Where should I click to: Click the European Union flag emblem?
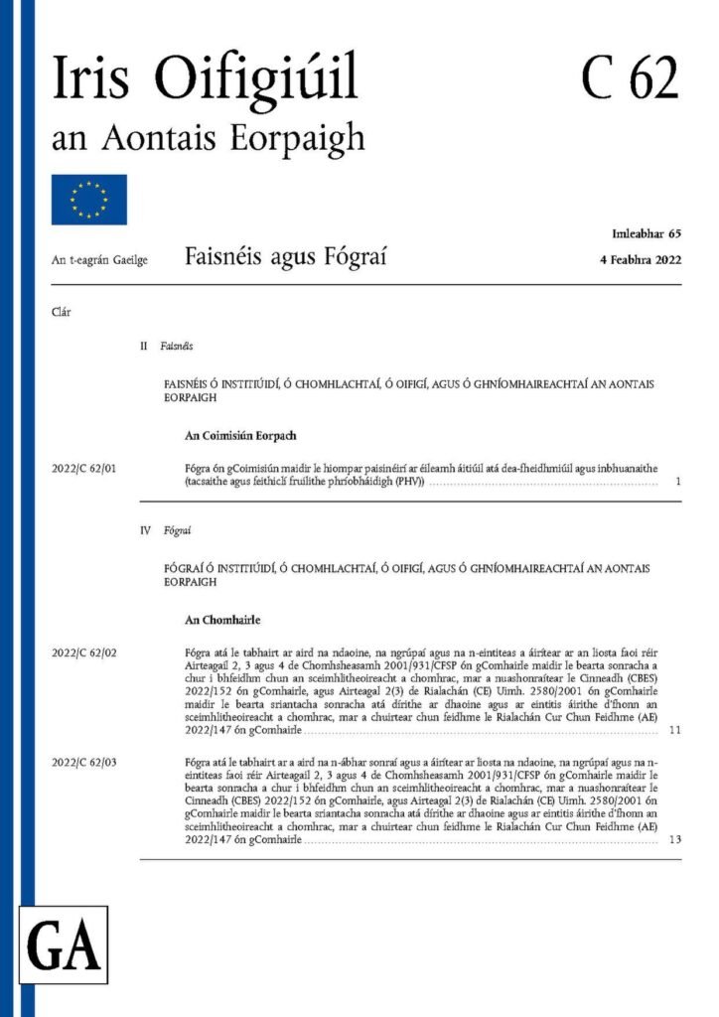(89, 200)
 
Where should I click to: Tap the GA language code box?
(65, 944)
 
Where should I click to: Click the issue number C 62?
(630, 76)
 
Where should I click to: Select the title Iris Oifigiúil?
(205, 78)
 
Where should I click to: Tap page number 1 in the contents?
(675, 482)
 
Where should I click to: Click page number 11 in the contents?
(674, 730)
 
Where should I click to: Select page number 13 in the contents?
(674, 839)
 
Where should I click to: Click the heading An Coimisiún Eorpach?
(241, 435)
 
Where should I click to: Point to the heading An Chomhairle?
(222, 620)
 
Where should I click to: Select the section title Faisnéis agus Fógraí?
(285, 258)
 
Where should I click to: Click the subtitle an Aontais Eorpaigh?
(209, 137)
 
